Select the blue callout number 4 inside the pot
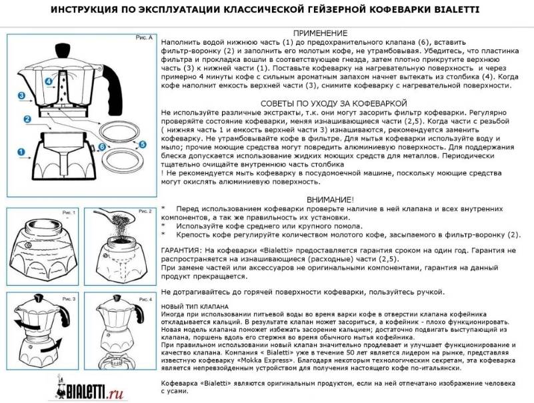tap(49, 82)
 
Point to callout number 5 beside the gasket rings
tap(143, 143)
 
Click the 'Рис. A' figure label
tap(144, 37)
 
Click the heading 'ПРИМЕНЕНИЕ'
tap(320, 33)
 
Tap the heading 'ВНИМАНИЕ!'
tap(331, 199)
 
